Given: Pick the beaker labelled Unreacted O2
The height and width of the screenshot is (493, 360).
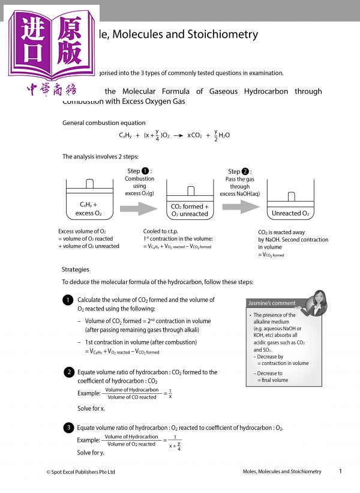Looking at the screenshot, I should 290,207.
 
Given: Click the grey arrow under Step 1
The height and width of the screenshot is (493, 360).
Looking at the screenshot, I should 139,208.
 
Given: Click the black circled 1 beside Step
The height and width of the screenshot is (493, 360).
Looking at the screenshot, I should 146,171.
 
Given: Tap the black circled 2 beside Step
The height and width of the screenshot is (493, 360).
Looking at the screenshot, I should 246,171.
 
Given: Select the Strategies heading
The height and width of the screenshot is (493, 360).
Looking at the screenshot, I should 76,269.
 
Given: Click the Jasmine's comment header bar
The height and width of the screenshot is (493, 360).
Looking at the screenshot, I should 271,303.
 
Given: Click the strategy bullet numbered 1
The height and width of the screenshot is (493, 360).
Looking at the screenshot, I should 69,300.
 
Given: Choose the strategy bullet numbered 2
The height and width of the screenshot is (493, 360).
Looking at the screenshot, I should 69,372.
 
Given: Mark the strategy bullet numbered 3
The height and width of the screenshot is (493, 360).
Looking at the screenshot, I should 69,428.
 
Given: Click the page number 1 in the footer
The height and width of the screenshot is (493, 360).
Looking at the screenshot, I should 340,471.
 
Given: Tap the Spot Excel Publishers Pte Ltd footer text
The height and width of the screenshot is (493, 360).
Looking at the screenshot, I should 80,472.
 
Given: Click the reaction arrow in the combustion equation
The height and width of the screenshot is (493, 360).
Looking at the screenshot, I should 178,136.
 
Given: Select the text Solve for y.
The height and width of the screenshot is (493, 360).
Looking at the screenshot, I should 91,453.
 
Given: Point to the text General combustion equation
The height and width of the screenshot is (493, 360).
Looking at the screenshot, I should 104,122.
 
